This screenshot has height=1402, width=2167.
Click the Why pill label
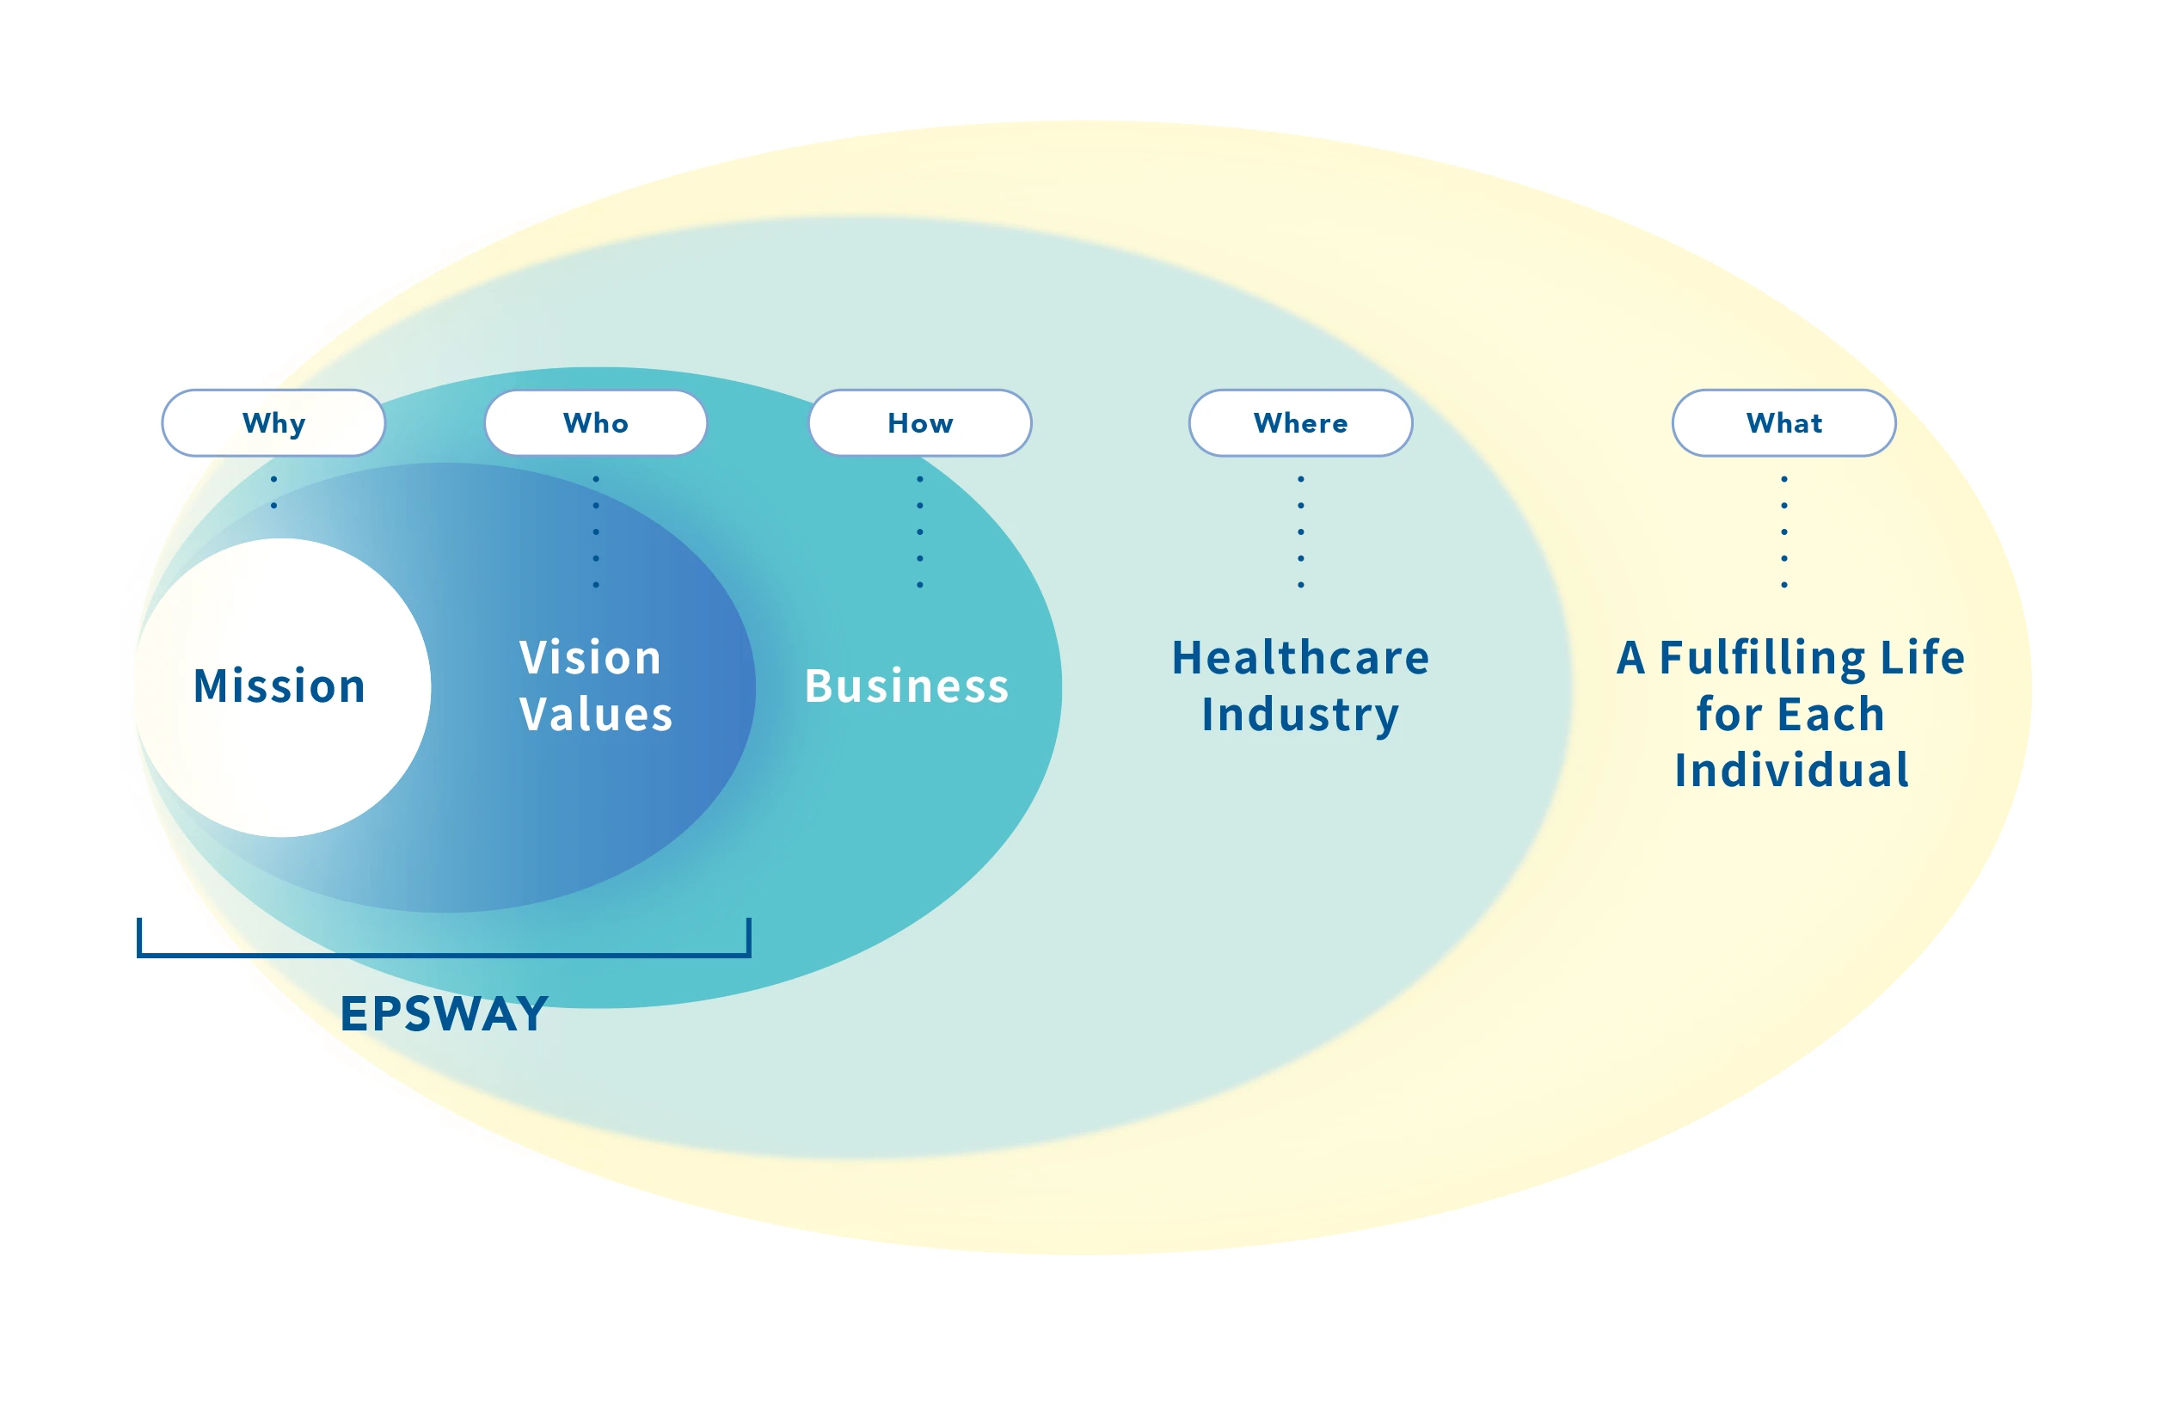click(273, 423)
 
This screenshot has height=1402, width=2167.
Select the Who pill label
click(595, 423)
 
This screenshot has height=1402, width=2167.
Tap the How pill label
click(919, 423)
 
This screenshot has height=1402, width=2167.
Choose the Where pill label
click(1299, 423)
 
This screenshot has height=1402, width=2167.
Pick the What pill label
click(1783, 423)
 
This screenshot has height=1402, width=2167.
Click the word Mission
click(279, 686)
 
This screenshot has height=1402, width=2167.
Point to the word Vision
click(590, 657)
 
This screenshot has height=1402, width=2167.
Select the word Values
click(596, 714)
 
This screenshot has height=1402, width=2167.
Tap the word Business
click(906, 686)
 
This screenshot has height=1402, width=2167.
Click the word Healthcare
click(1299, 657)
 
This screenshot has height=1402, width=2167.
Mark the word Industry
click(1299, 714)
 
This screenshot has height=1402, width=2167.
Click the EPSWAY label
click(444, 1013)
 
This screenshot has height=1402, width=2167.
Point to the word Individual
click(1791, 770)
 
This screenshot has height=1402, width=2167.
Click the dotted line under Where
click(1299, 532)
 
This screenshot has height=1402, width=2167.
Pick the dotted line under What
click(1783, 532)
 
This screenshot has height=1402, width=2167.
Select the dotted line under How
click(919, 532)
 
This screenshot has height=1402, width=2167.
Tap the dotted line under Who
click(595, 532)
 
